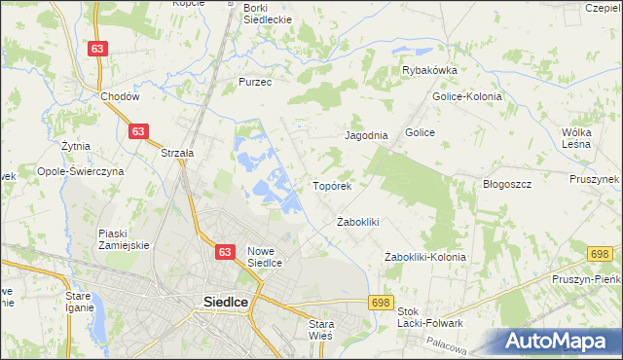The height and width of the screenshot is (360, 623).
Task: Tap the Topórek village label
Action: [337, 184]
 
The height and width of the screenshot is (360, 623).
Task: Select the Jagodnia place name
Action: [367, 136]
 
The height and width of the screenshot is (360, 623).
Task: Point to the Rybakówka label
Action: [429, 70]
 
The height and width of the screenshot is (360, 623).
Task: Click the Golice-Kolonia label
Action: [466, 96]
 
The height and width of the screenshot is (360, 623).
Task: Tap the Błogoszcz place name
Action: [506, 184]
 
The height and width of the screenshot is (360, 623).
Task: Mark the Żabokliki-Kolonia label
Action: [424, 257]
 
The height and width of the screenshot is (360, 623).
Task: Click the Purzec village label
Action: [255, 83]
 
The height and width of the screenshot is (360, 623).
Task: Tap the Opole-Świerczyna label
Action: [80, 170]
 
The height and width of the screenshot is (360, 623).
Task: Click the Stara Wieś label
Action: [320, 329]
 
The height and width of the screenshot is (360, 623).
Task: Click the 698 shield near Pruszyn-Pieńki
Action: [600, 254]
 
